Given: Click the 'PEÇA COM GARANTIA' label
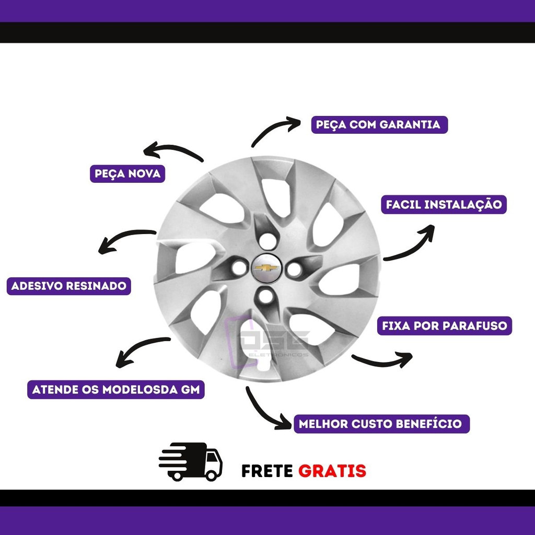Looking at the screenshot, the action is coord(379,124).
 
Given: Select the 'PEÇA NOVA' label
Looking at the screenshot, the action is coord(127,173).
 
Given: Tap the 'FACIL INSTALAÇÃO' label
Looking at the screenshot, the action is coord(444,205).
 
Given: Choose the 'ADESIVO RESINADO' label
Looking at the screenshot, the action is coord(68,286).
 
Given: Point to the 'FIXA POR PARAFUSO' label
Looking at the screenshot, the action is coord(444,326).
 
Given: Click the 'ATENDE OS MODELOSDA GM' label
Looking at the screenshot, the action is coord(115,390).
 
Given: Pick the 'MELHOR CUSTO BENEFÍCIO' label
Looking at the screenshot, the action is coord(381,424).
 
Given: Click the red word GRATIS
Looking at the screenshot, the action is coord(332,471).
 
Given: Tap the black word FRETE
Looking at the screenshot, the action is coord(267,471).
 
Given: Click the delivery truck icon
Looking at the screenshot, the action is coord(190,462).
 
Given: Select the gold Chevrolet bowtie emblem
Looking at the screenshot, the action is coord(266,268).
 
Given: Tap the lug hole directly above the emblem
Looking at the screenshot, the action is coord(267,241).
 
